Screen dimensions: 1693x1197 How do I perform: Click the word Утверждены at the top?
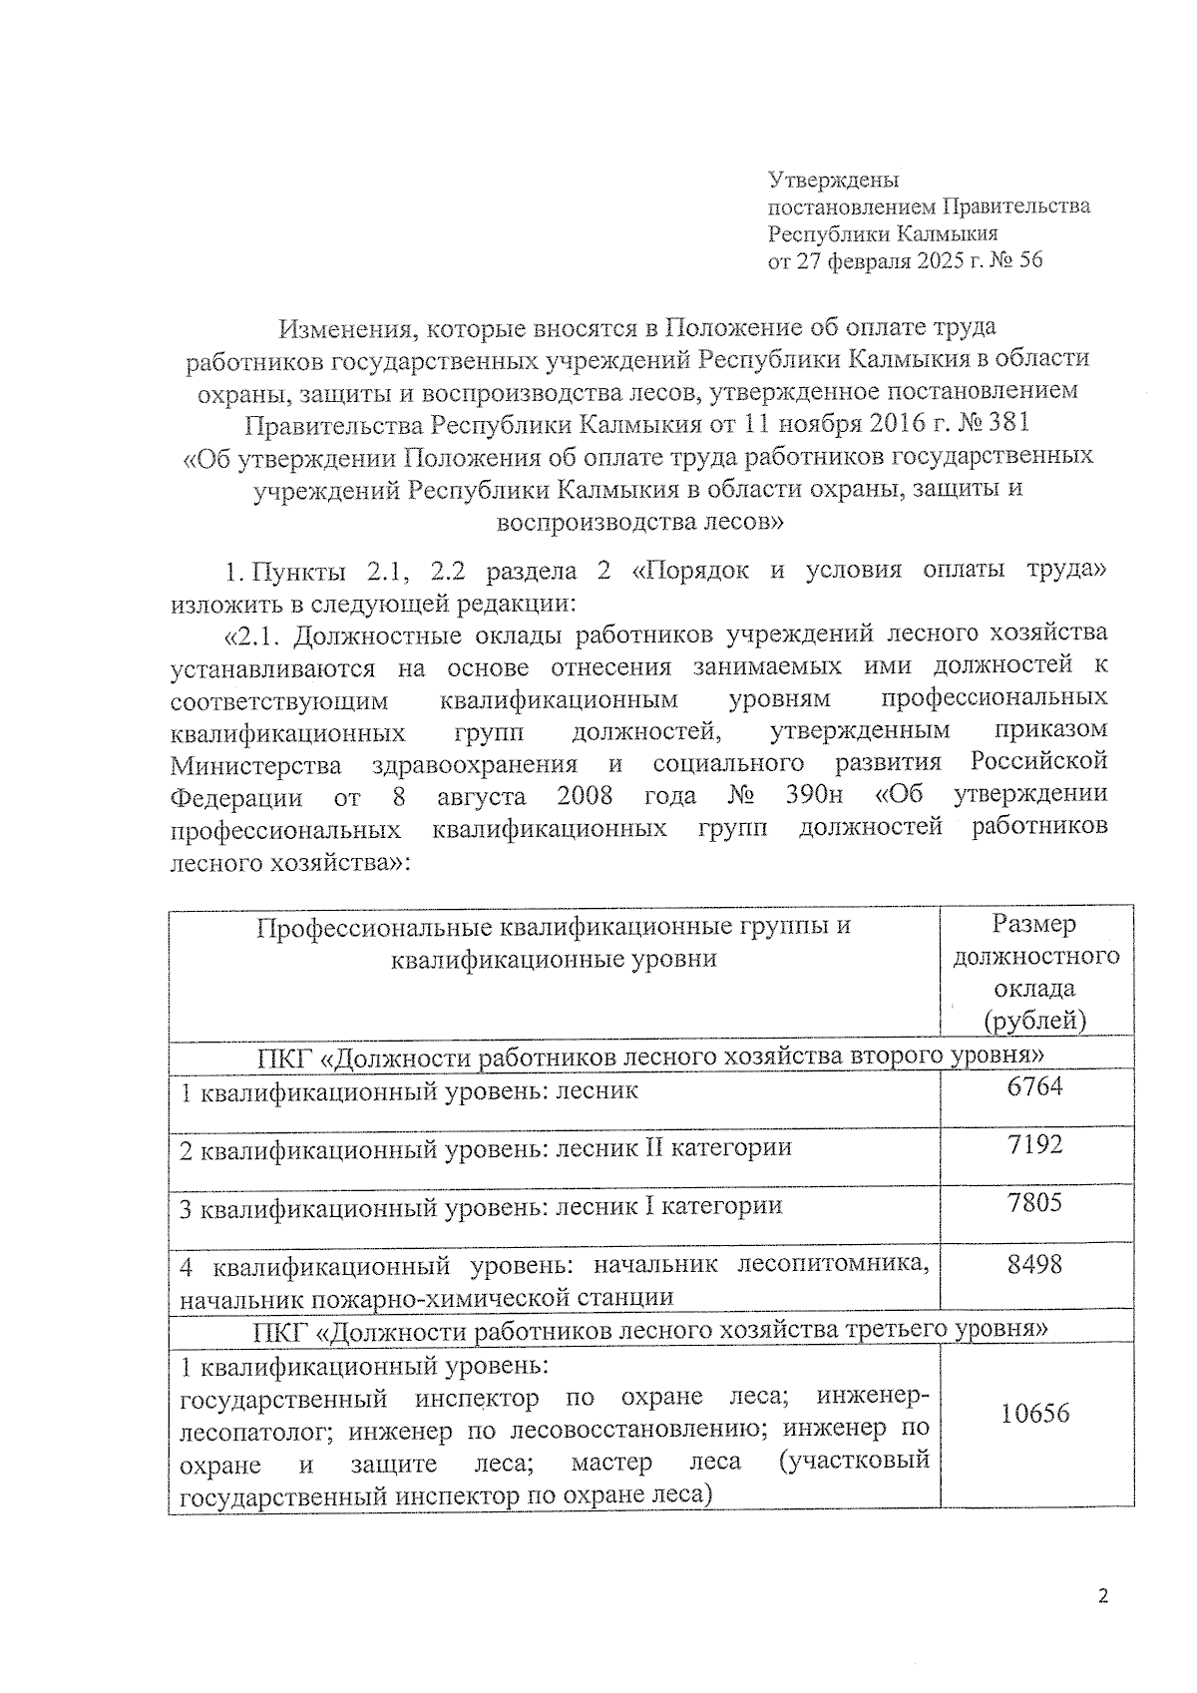pos(833,181)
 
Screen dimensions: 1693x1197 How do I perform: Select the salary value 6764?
pos(1034,1086)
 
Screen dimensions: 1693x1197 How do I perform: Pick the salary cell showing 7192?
pos(1034,1144)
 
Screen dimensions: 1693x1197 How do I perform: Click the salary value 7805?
pos(1034,1202)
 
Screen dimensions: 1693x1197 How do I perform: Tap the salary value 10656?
pos(1034,1413)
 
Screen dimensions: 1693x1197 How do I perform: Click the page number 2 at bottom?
pos(1102,1597)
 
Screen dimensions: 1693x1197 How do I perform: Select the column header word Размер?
pos(1034,925)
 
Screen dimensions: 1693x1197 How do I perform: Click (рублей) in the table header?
pos(1034,1021)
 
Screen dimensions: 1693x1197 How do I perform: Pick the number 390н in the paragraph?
pos(812,796)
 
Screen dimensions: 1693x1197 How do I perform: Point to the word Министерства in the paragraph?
pos(255,764)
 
